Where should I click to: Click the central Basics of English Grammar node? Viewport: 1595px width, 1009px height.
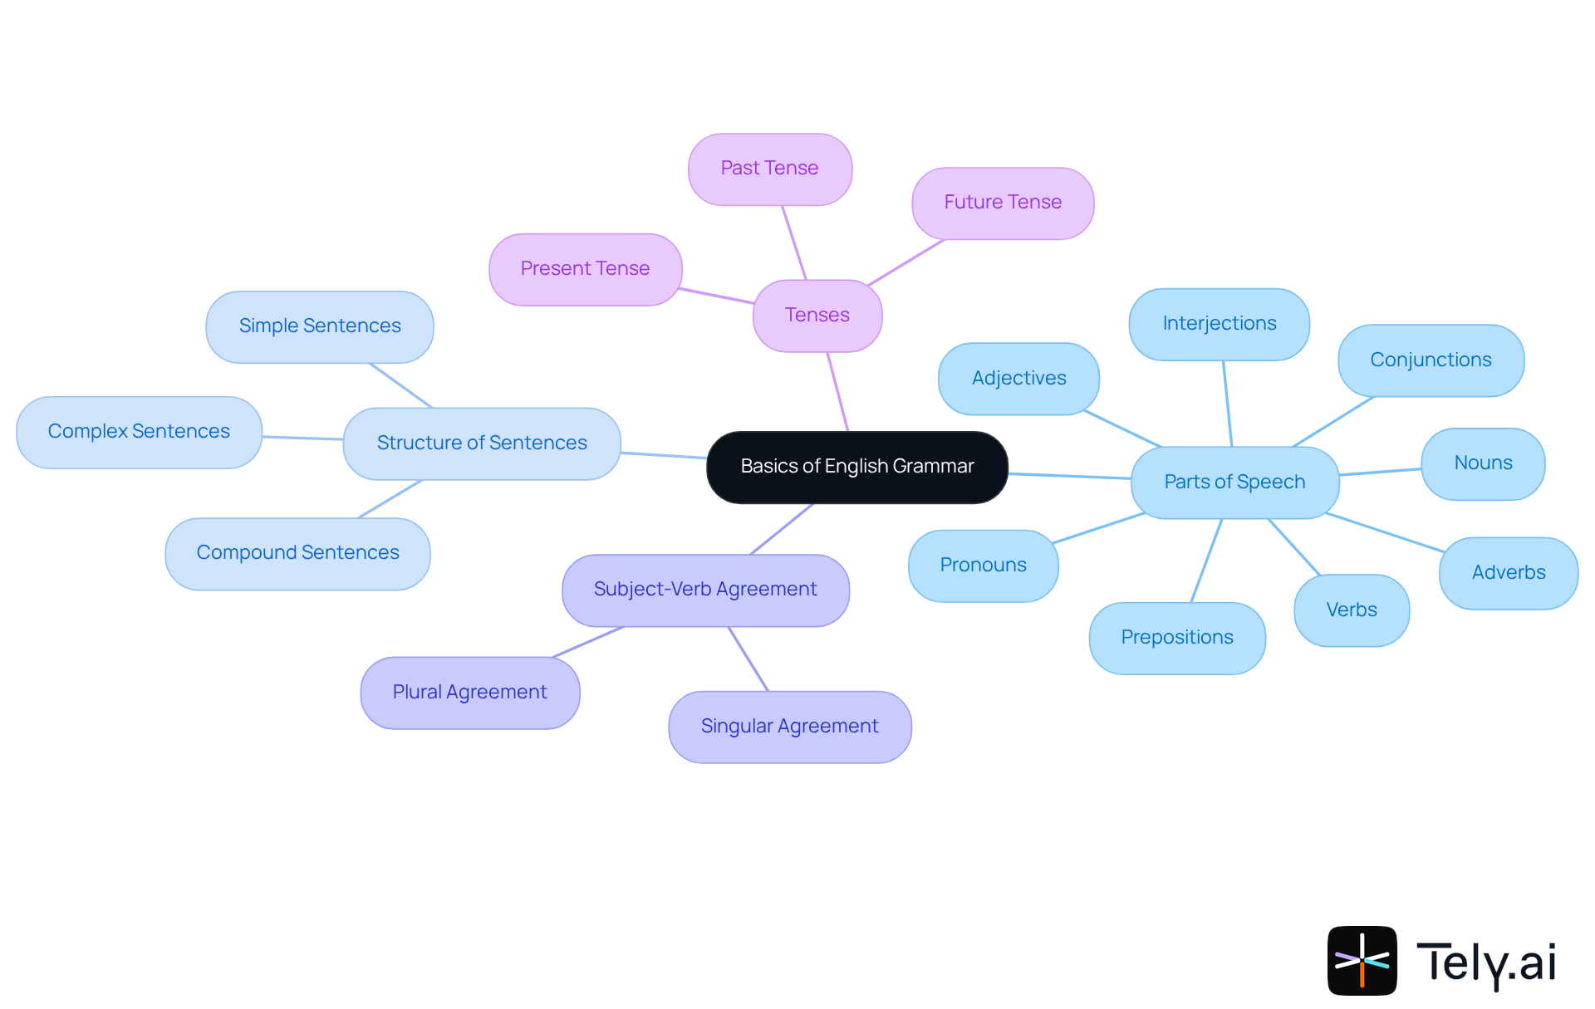coord(856,467)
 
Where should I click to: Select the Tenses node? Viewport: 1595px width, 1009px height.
coord(817,316)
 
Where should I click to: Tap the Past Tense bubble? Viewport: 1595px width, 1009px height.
coord(769,169)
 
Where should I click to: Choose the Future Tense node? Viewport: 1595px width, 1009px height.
coord(1002,203)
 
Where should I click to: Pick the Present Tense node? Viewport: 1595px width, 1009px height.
coord(585,269)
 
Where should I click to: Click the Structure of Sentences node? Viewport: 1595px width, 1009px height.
coord(482,443)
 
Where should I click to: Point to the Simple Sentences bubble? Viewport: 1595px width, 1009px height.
coord(320,326)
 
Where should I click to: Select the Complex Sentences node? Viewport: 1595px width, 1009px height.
coord(139,432)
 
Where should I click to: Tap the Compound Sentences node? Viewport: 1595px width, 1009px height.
coord(297,553)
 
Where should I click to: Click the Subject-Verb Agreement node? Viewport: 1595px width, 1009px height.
coord(705,590)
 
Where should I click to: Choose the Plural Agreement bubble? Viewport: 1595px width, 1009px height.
coord(469,693)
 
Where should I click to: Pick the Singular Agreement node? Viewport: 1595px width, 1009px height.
coord(789,727)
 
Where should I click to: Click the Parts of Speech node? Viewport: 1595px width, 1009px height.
coord(1234,482)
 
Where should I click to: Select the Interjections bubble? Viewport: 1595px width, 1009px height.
coord(1219,324)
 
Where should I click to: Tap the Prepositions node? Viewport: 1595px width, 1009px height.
coord(1176,638)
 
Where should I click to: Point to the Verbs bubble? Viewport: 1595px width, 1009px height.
coord(1351,610)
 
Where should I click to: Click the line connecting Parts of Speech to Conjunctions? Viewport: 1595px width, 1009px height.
coord(1333,422)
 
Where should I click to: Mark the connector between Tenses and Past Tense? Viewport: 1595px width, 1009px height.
coord(793,242)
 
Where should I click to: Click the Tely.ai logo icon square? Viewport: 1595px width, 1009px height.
coord(1362,960)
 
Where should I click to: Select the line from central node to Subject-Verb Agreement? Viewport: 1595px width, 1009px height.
coord(781,529)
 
